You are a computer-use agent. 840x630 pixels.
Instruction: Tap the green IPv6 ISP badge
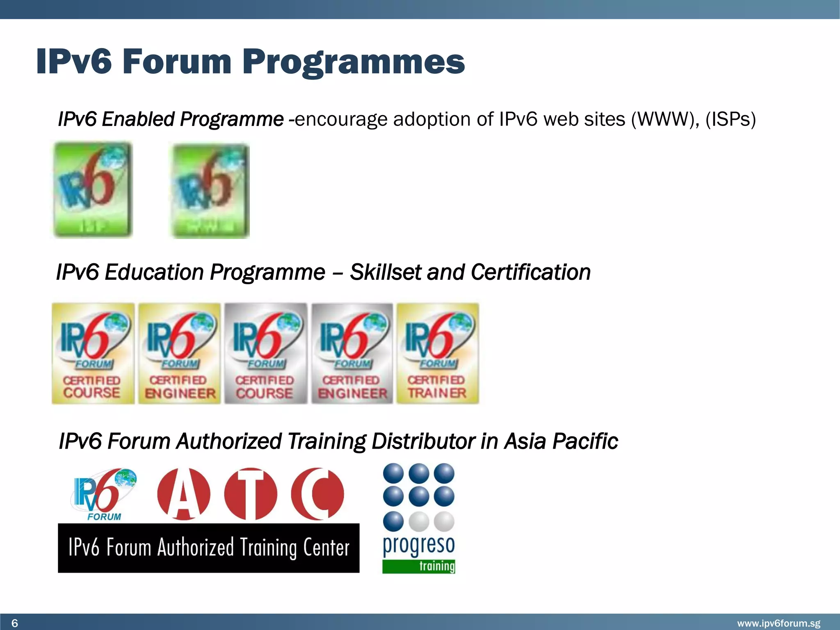tap(93, 189)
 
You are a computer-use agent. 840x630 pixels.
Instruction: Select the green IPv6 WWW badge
tap(210, 191)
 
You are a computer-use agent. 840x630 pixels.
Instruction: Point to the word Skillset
tap(385, 272)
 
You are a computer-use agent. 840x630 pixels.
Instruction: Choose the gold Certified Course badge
tap(93, 354)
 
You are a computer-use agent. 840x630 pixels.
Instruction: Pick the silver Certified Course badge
tap(265, 354)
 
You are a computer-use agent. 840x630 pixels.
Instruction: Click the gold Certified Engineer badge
tap(179, 354)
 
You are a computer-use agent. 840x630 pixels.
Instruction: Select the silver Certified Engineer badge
tap(352, 354)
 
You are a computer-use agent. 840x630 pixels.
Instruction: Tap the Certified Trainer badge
tap(438, 354)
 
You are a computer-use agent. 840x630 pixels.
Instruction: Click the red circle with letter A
tap(183, 494)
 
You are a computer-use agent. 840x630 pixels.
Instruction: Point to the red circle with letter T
tap(251, 494)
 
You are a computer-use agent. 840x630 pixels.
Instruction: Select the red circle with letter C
tap(317, 494)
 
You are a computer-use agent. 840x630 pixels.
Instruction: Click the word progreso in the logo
tap(419, 545)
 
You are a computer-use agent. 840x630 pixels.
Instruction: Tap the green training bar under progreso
tap(419, 566)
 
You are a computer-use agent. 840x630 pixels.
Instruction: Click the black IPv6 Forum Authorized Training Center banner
tap(208, 548)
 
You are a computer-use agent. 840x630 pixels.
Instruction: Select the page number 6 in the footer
tap(15, 623)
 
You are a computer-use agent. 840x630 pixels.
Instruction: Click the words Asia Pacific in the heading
tap(561, 441)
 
